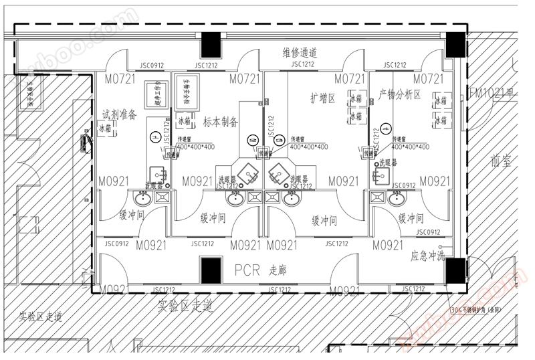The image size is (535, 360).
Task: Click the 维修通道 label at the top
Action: tap(300, 52)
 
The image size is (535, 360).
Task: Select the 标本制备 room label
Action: tap(221, 122)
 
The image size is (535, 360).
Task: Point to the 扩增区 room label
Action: tap(322, 98)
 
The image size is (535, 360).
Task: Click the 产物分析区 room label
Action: tap(399, 94)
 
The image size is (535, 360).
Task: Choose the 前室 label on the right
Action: tap(500, 161)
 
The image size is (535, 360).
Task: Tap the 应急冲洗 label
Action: tap(427, 255)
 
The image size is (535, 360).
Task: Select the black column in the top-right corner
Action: tap(456, 43)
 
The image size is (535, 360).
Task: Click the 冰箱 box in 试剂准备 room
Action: tap(106, 128)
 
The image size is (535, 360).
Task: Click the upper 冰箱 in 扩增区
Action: tap(354, 99)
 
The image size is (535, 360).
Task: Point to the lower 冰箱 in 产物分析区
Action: tap(441, 121)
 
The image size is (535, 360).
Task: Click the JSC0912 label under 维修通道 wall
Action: tap(152, 66)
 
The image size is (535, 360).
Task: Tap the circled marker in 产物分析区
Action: tap(386, 127)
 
